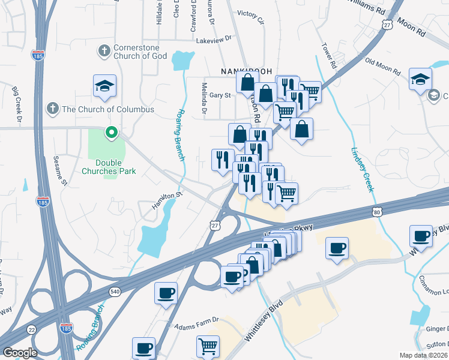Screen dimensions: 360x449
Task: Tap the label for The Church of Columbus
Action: (x=108, y=109)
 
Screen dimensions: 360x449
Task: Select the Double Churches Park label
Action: (x=116, y=167)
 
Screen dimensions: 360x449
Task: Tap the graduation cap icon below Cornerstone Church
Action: (x=104, y=86)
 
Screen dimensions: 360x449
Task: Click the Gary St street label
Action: (x=220, y=95)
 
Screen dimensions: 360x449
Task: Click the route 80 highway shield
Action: (x=376, y=212)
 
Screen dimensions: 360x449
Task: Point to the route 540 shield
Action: (x=114, y=292)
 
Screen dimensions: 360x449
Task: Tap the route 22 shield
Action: (x=31, y=329)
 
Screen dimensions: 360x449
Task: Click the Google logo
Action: (x=20, y=353)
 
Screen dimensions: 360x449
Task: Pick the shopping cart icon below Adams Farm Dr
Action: (x=208, y=346)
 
